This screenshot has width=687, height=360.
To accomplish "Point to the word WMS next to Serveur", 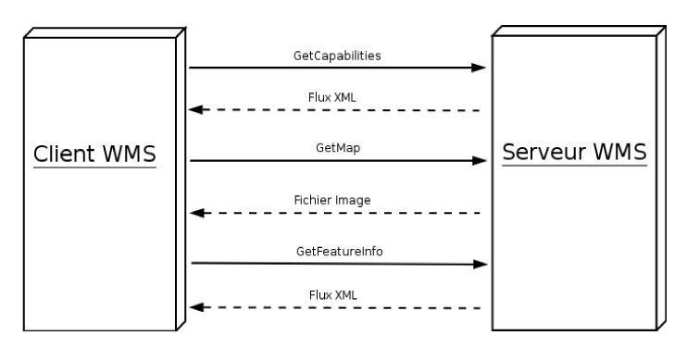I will click(618, 151).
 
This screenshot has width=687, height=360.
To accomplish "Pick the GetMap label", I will click(337, 147).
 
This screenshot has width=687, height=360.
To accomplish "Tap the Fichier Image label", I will click(337, 200).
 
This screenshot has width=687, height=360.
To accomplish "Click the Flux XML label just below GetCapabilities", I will click(337, 97).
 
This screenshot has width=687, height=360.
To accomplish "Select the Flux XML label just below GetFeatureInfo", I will click(337, 295).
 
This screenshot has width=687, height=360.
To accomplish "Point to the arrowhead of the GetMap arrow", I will click(479, 161).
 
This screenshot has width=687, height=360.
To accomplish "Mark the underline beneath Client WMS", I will click(94, 168).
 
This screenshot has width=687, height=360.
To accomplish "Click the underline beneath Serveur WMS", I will click(574, 166).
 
